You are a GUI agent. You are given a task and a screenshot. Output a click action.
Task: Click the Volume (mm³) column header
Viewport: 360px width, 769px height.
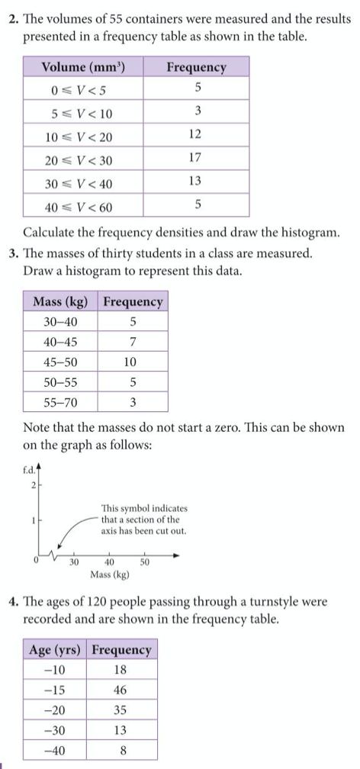pyautogui.click(x=83, y=67)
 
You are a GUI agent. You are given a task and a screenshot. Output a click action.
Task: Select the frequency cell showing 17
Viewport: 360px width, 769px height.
pyautogui.click(x=198, y=158)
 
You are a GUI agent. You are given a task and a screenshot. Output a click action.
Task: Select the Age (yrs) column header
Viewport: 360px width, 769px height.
pyautogui.click(x=56, y=650)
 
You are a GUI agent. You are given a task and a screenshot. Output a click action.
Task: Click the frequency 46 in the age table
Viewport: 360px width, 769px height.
pyautogui.click(x=121, y=690)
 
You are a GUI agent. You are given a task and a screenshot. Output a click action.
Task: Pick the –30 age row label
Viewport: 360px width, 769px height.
pyautogui.click(x=56, y=729)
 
